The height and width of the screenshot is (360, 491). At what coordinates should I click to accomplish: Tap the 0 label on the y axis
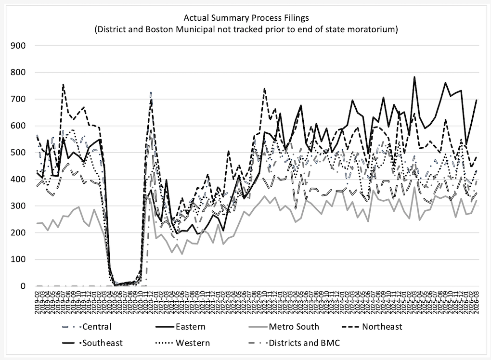[24, 286]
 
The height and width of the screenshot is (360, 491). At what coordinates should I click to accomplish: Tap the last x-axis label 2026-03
[477, 303]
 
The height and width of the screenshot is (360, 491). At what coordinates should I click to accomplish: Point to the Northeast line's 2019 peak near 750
[63, 85]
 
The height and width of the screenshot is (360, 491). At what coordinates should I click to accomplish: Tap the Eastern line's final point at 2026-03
[477, 100]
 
